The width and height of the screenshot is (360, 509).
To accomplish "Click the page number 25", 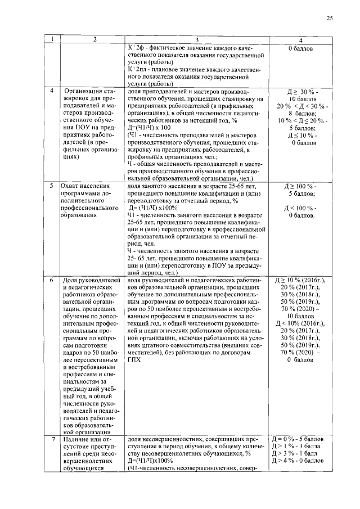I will [x=330, y=19].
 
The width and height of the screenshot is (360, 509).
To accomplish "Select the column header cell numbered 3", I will [x=197, y=40].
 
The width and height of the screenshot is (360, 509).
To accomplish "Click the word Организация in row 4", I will [x=84, y=91].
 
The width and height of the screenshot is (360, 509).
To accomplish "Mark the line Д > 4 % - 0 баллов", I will [x=298, y=461].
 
